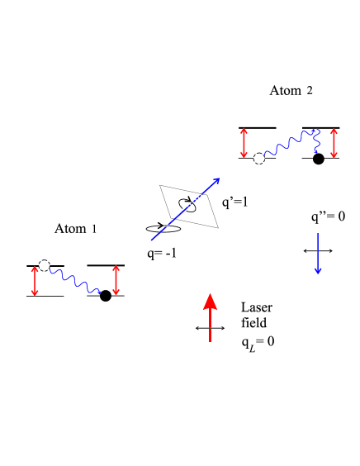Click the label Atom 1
(x=76, y=229)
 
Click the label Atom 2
(x=291, y=90)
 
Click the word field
(x=251, y=321)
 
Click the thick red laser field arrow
(x=210, y=317)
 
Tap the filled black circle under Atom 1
(x=105, y=297)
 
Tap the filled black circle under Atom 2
(x=318, y=159)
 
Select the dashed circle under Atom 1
(x=45, y=265)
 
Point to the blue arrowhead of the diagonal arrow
(x=217, y=180)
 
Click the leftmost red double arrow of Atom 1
(x=34, y=281)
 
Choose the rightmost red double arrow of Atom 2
(x=333, y=143)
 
